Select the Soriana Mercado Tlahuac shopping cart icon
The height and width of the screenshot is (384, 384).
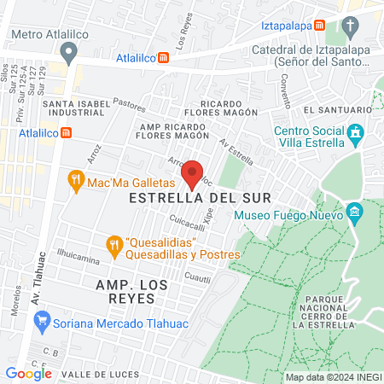pyautogui.click(x=40, y=321)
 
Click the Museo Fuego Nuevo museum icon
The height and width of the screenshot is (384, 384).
pyautogui.click(x=355, y=211)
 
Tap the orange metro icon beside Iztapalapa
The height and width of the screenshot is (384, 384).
pyautogui.click(x=319, y=26)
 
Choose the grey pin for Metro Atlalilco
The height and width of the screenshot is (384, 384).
pyautogui.click(x=69, y=50)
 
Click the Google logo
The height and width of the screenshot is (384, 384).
pyautogui.click(x=28, y=373)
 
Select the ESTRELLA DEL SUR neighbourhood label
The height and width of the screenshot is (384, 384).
pyautogui.click(x=200, y=198)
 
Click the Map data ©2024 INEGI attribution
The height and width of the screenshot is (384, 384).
pyautogui.click(x=333, y=377)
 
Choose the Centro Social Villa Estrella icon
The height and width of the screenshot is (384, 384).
pyautogui.click(x=356, y=133)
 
